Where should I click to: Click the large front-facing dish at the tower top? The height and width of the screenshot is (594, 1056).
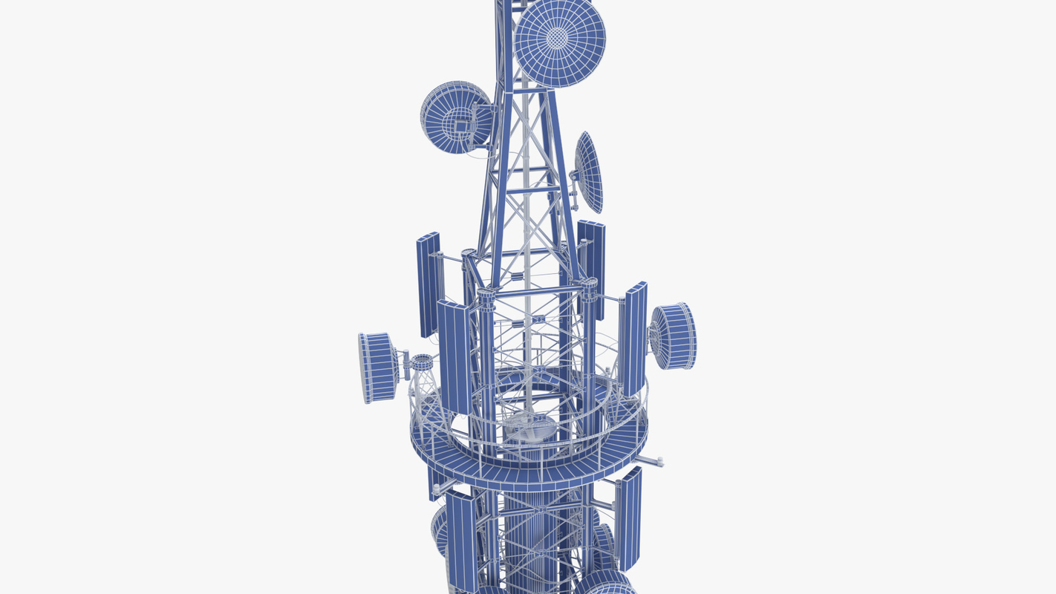point(560,42)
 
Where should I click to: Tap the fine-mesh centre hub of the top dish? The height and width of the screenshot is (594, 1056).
point(558,37)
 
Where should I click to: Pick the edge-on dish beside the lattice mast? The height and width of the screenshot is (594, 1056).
point(590,172)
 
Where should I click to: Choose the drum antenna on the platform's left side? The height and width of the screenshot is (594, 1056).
point(378,368)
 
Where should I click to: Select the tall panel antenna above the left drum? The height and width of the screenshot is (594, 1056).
point(428,284)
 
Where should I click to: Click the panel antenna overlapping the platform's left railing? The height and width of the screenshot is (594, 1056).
point(454,356)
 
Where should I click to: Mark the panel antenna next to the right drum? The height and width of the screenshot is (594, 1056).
point(633,339)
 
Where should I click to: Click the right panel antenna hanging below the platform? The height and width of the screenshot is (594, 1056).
point(630,518)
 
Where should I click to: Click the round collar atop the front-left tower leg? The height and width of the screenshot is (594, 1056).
point(486,295)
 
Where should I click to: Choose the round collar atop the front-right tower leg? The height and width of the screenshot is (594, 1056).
point(589,284)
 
